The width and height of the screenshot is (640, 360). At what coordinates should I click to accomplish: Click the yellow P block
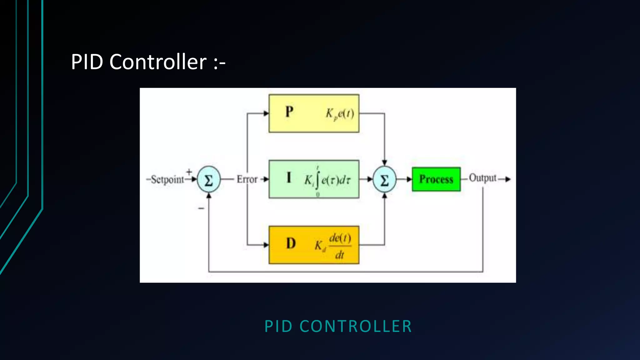(x=314, y=113)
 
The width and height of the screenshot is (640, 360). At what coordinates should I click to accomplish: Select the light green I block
(x=314, y=179)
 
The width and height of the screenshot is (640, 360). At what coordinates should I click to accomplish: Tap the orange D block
(x=314, y=245)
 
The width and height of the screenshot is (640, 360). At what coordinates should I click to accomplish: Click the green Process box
(x=436, y=179)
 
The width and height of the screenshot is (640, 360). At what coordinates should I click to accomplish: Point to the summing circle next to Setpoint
(x=209, y=179)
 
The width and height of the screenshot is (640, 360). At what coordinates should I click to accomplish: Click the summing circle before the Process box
(x=384, y=179)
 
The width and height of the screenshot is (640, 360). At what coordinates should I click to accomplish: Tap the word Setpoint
(x=167, y=180)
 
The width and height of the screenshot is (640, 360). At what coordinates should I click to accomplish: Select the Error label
(x=247, y=179)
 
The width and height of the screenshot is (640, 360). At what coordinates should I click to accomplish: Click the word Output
(x=482, y=178)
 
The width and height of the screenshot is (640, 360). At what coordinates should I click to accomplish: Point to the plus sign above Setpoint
(x=189, y=172)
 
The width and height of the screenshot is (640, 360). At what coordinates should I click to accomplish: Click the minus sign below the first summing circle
(x=201, y=208)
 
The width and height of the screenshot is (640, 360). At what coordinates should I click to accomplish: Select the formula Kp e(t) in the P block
(x=340, y=114)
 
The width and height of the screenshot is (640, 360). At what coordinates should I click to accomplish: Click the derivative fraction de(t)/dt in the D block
(x=340, y=246)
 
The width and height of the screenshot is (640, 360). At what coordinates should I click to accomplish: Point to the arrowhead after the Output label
(x=508, y=179)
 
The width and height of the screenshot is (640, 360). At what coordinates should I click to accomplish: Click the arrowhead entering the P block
(x=266, y=113)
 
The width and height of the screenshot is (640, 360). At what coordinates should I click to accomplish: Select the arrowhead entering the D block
(x=266, y=245)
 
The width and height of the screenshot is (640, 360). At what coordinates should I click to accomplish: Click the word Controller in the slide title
(x=158, y=62)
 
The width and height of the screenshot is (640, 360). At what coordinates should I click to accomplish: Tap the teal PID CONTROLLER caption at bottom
(x=338, y=326)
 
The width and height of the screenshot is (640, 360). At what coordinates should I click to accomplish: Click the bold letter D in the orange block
(x=291, y=243)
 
